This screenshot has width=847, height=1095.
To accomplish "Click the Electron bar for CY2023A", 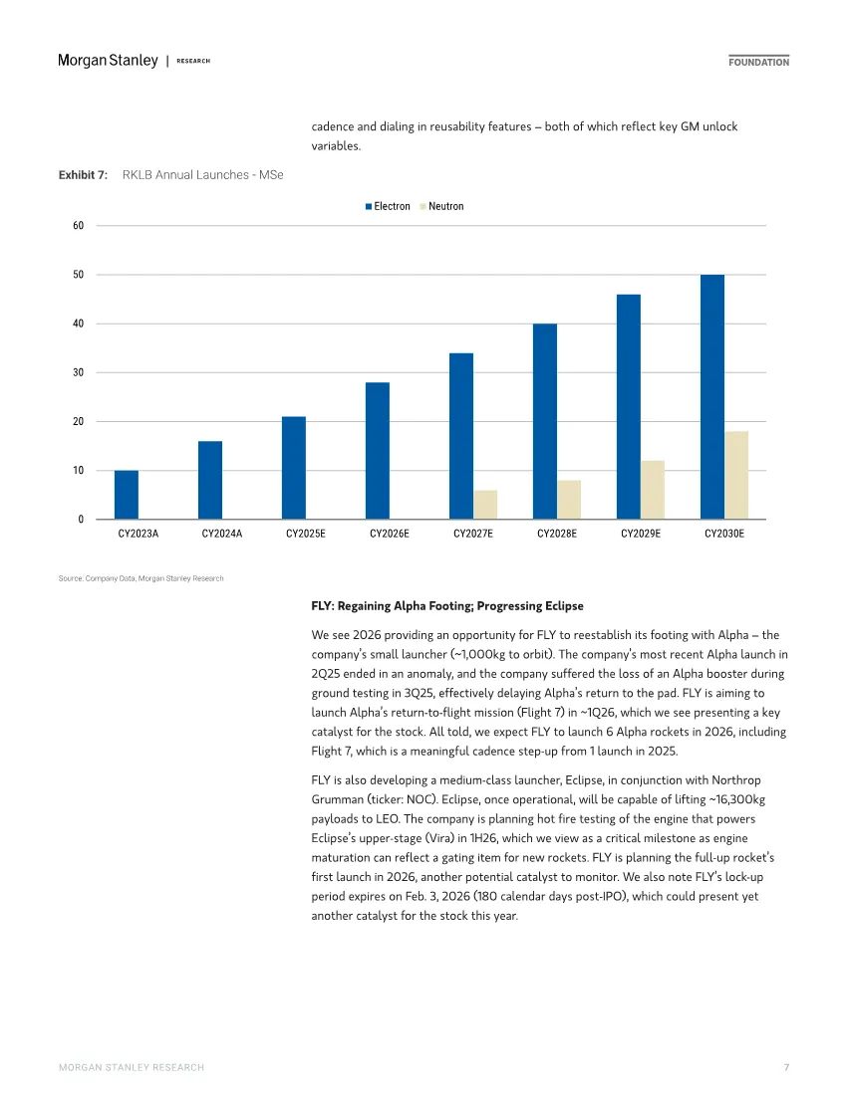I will tap(127, 495).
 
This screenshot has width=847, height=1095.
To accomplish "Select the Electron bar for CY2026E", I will tap(378, 451).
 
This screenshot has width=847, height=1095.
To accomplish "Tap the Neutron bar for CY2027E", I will tap(485, 505).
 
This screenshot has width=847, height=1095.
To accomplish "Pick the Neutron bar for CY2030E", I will tap(736, 475).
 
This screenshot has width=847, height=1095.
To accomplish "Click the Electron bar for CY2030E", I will tap(712, 397).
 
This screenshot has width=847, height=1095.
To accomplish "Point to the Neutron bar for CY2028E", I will tap(569, 500).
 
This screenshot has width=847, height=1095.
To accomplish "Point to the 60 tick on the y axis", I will tap(77, 226).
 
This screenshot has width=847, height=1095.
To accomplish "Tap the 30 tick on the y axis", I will tap(77, 372).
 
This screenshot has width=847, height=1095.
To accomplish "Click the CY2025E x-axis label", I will tap(306, 535).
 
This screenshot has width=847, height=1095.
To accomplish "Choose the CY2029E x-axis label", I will tap(641, 535).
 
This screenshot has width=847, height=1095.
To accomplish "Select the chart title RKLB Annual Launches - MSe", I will tap(202, 175).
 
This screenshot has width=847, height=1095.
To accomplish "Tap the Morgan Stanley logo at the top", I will tap(108, 61).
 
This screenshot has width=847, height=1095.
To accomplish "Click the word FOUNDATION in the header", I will tap(758, 62).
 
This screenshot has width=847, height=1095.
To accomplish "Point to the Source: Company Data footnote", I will tap(141, 578).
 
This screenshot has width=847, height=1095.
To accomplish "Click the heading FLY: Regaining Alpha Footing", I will tap(447, 606).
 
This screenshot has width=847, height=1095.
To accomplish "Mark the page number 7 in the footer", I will tap(786, 1067).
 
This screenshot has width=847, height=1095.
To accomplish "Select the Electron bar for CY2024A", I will tap(210, 480).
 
